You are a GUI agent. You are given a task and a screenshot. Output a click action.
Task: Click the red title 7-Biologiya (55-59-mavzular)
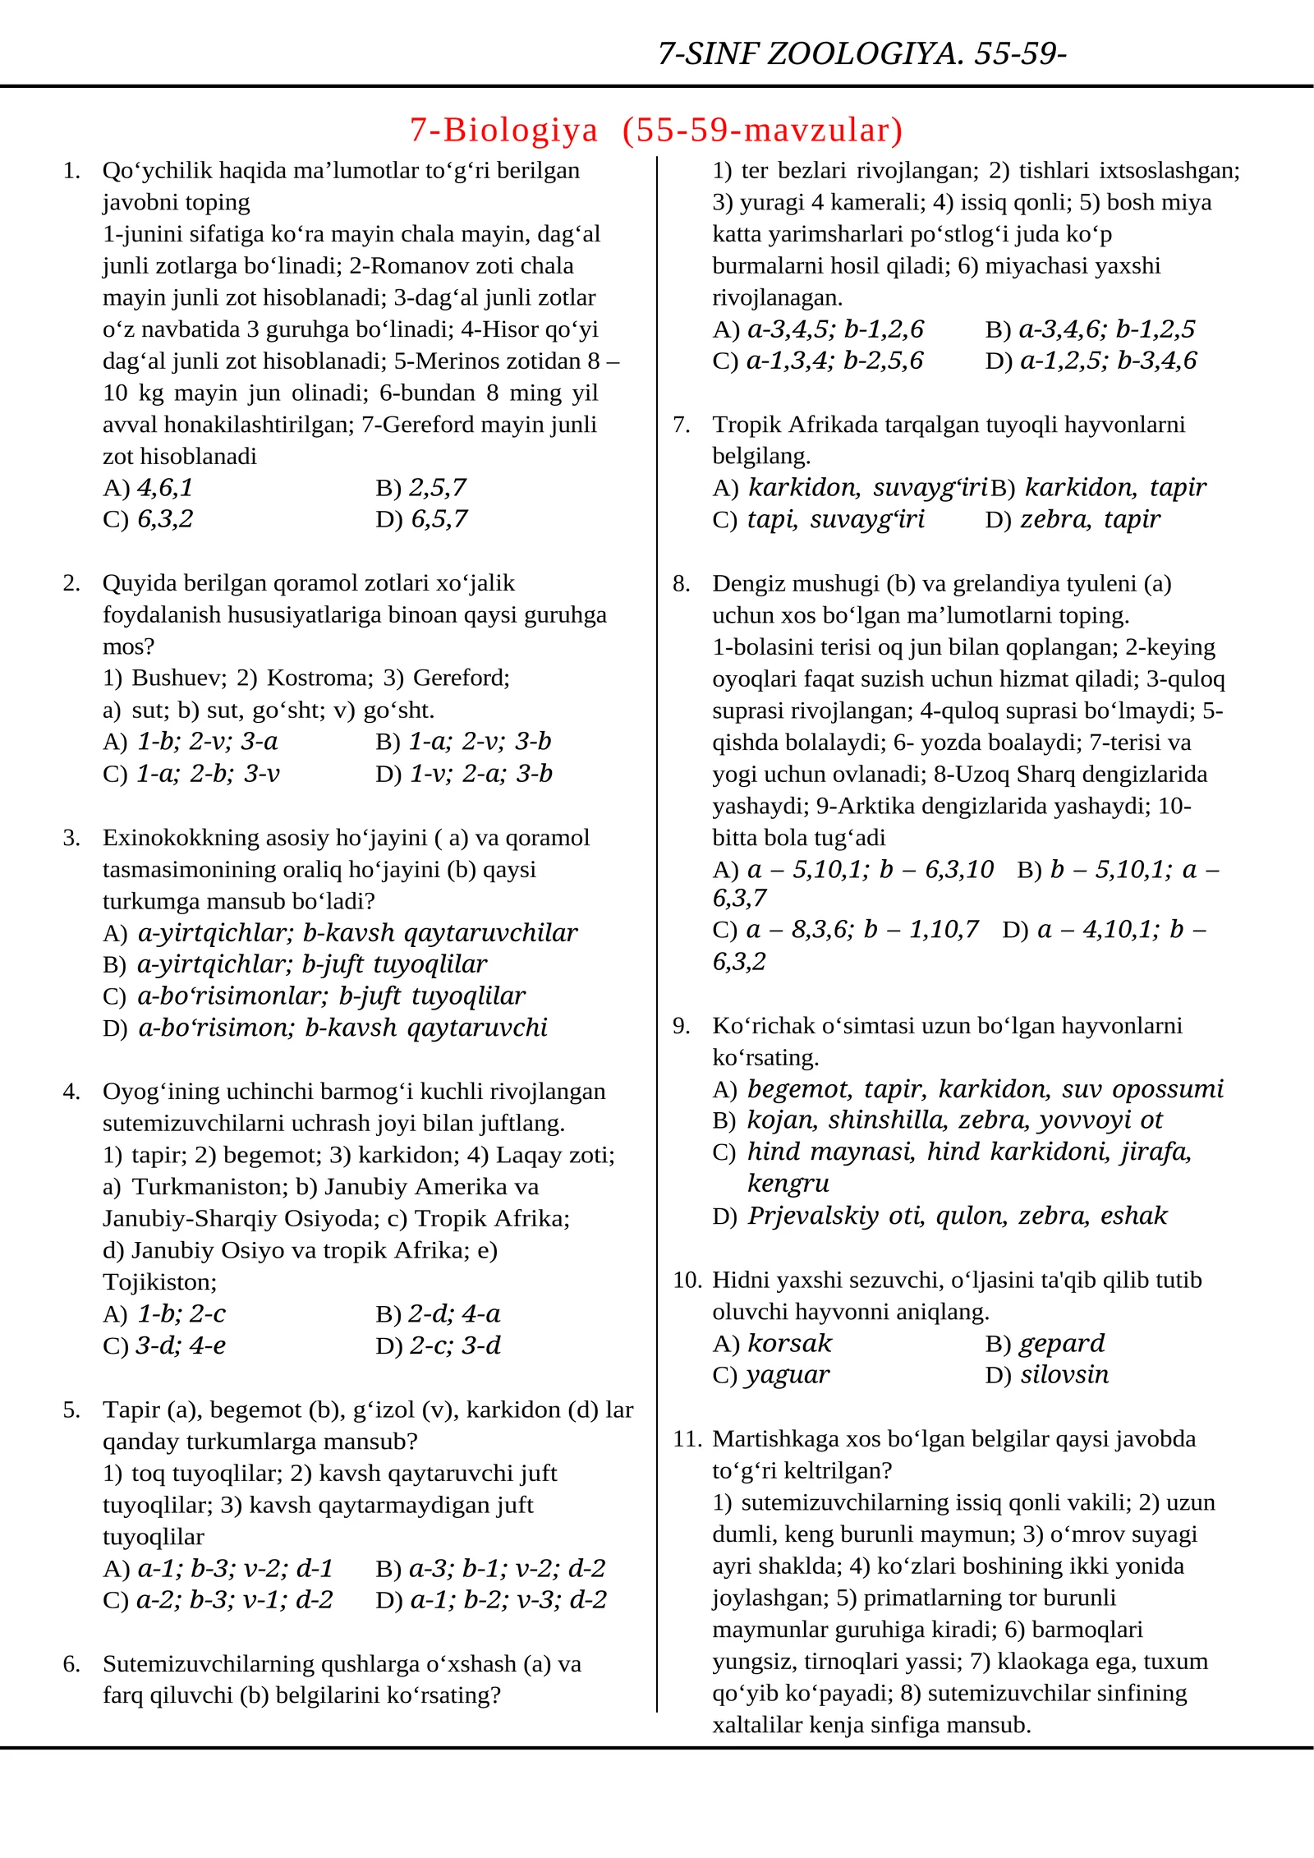(655, 130)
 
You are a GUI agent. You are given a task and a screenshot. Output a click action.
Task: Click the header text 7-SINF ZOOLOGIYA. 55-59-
(861, 53)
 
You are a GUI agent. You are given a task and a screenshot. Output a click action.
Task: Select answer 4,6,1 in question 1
(164, 488)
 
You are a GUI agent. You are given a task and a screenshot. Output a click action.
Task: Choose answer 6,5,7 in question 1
(439, 519)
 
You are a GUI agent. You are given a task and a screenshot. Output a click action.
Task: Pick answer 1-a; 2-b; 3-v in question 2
(207, 774)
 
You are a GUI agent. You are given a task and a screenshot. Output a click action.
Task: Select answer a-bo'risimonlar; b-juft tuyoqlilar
(330, 996)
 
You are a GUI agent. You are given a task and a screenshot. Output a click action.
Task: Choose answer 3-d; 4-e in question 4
(180, 1345)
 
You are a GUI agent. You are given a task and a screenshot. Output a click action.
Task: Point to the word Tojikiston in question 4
(159, 1282)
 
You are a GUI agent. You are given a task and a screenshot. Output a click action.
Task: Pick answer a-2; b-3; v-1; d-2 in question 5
(234, 1600)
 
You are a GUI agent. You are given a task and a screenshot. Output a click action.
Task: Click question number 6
(71, 1664)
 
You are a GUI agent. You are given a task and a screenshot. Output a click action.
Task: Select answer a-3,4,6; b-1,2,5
(1105, 329)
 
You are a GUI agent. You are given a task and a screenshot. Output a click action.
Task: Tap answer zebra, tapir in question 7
(1090, 519)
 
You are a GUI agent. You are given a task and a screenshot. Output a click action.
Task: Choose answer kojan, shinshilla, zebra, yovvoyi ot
(954, 1120)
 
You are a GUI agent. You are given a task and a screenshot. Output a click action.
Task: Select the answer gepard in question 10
(1061, 1344)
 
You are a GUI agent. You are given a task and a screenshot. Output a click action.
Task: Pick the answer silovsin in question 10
(1064, 1375)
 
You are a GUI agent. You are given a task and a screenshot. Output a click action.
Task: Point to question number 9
(681, 1026)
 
